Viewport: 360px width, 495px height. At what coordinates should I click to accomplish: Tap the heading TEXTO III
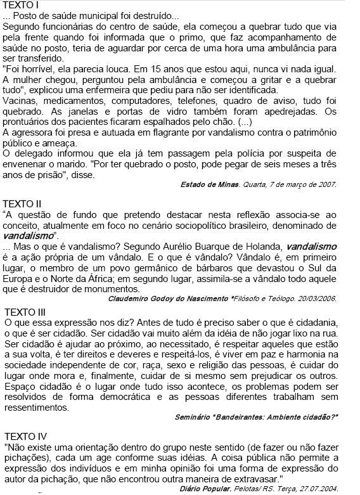point(26,312)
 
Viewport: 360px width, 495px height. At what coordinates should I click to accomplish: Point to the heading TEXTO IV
point(26,437)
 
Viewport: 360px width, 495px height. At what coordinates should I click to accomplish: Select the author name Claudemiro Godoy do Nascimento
point(169,298)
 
